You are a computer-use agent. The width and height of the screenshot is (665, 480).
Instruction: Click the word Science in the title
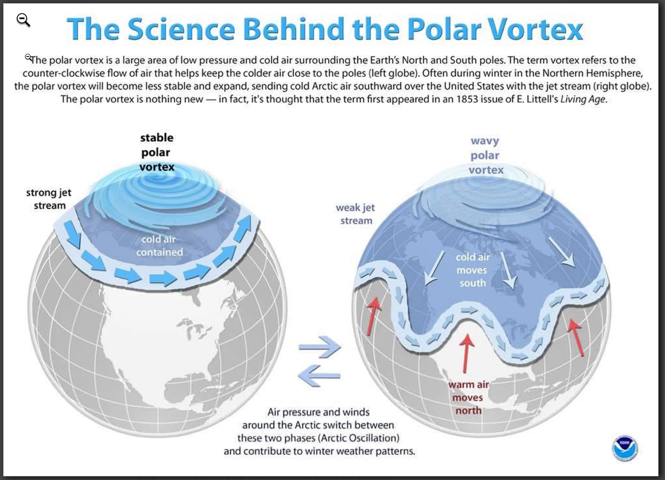[x=182, y=29]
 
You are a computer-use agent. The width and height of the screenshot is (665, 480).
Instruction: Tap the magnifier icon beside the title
[x=23, y=20]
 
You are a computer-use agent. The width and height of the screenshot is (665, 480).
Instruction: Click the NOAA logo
[x=625, y=448]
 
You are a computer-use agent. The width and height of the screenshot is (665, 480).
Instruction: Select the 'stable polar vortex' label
[x=157, y=152]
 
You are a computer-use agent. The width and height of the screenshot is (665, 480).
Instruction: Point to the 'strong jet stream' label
[x=49, y=199]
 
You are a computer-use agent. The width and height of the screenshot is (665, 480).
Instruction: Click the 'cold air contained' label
[x=159, y=246]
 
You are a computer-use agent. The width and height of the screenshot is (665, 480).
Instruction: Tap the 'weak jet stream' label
[x=356, y=214]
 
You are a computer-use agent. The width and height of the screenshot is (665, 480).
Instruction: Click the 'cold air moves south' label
[x=473, y=270]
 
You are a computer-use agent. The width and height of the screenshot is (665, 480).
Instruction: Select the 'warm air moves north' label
[x=468, y=398]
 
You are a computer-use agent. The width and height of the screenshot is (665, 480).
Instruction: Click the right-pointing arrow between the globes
[x=320, y=347]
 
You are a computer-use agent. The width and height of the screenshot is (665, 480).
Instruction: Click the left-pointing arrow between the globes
[x=319, y=376]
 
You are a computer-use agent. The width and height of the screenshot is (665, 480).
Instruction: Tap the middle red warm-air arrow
[x=466, y=353]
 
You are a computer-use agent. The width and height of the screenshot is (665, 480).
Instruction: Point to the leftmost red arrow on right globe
[x=373, y=316]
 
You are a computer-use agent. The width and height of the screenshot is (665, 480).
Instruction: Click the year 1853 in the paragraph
[x=467, y=99]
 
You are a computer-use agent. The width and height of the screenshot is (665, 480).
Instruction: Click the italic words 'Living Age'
[x=583, y=99]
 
